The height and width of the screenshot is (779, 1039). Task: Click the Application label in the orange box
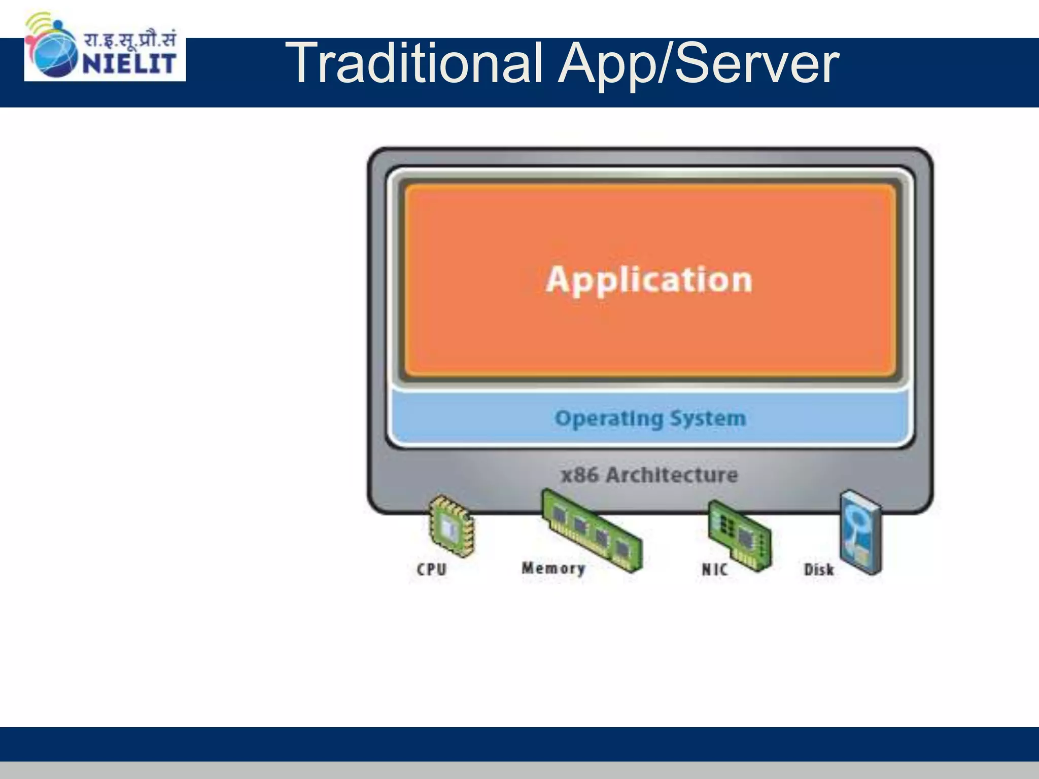[x=649, y=279]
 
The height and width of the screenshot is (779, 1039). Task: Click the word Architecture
[x=672, y=475]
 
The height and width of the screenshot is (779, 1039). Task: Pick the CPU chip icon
[x=450, y=526]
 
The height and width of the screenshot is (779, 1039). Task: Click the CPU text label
[x=432, y=570]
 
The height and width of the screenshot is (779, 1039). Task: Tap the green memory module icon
[x=592, y=530]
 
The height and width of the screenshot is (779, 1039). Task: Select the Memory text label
[x=553, y=568]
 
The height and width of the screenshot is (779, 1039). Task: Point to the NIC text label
[x=714, y=570]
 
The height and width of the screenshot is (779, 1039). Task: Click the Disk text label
[x=819, y=570]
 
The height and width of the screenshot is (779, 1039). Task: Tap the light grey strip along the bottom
[x=519, y=770]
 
